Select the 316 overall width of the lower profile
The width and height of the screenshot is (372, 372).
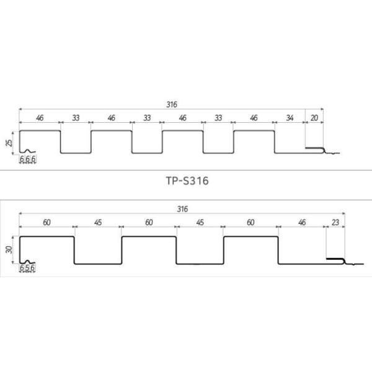click(182, 209)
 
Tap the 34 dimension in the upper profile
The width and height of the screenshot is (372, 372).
click(290, 117)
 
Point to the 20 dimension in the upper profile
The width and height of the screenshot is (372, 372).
click(314, 117)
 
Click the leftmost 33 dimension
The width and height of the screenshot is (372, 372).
click(75, 117)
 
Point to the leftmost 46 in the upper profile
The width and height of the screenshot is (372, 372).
click(39, 117)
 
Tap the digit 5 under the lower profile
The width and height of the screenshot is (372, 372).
click(27, 268)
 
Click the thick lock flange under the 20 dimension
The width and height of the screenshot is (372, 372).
click(315, 149)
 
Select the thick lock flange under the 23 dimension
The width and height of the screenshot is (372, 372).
click(335, 259)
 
